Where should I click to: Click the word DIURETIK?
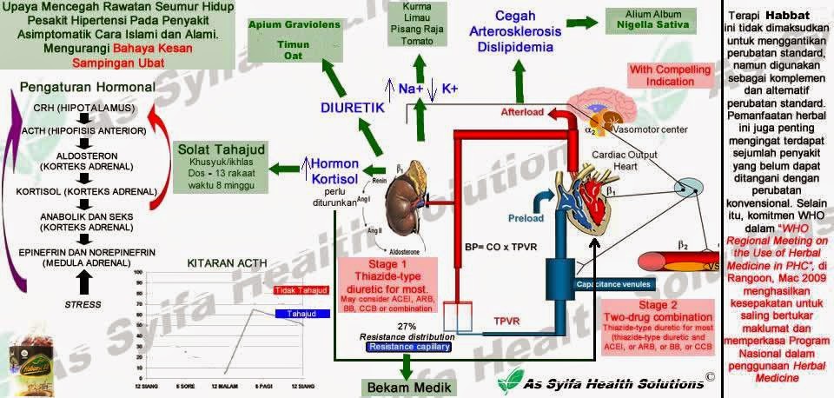tap(353, 108)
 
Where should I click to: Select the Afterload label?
tap(521, 111)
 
